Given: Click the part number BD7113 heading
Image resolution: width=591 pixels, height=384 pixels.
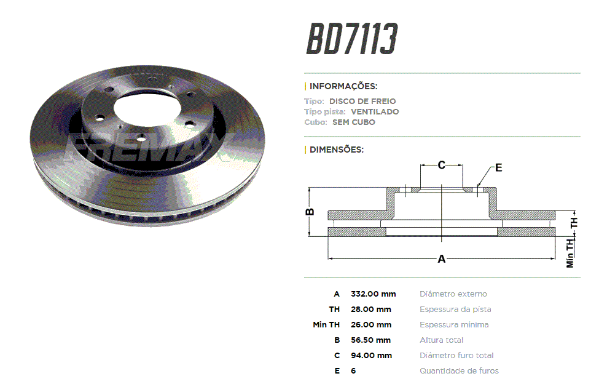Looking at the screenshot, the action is (x=352, y=39).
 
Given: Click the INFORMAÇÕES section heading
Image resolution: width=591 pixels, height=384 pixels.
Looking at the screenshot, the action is (x=343, y=87).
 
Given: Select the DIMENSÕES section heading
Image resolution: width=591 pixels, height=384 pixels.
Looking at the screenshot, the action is (x=337, y=150).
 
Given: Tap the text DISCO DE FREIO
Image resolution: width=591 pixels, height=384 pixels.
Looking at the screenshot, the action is (x=362, y=101).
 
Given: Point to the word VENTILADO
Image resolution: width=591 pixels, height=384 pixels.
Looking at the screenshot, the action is (x=375, y=112).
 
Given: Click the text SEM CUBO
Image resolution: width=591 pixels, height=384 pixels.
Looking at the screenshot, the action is (x=353, y=122).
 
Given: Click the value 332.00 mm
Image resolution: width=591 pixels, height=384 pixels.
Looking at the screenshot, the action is (x=373, y=294).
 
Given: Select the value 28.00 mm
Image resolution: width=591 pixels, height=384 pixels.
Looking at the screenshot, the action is (x=371, y=310).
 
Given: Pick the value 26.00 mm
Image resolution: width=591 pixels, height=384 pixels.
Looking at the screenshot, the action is (x=371, y=325).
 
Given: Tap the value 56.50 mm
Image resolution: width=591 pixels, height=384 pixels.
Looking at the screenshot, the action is (x=370, y=340).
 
